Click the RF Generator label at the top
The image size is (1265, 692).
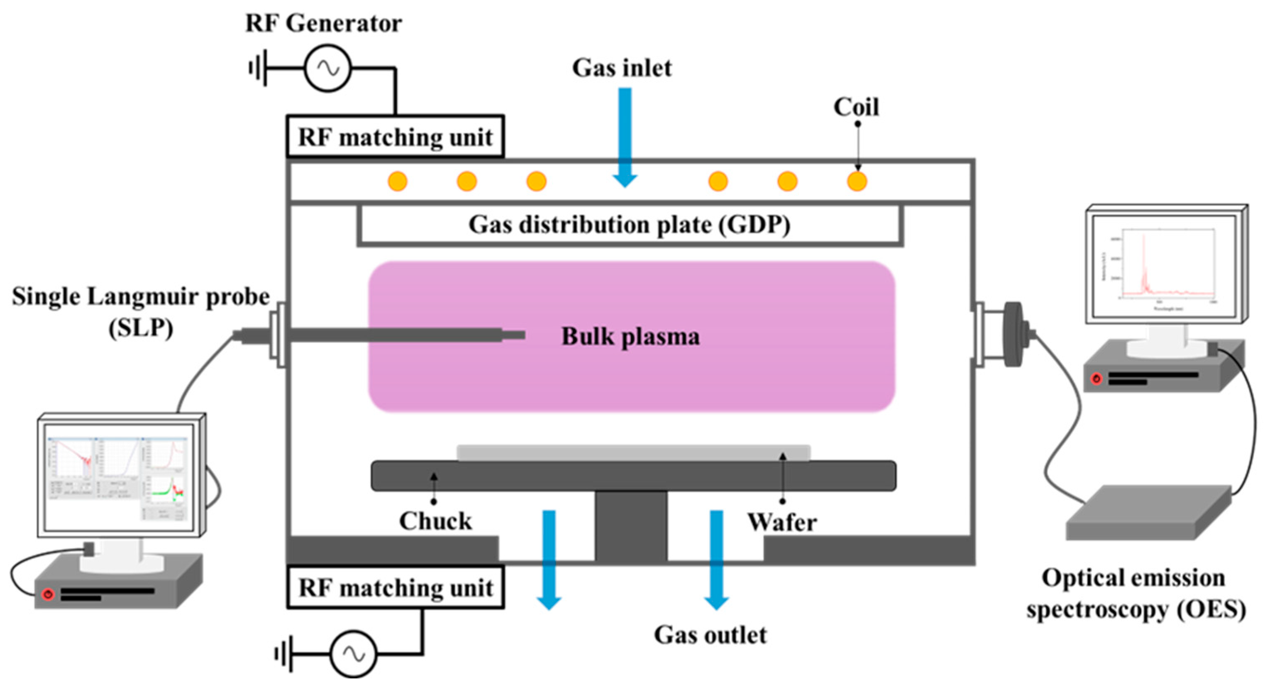[323, 24]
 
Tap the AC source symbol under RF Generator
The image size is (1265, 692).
[327, 68]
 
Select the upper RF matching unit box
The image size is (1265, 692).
[395, 137]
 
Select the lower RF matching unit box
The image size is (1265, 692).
[395, 587]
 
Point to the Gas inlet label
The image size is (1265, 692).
[622, 68]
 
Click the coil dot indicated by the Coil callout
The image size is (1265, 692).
[857, 181]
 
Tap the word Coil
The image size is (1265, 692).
[856, 107]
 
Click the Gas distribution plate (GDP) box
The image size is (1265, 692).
[630, 225]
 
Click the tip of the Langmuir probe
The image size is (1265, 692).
[522, 335]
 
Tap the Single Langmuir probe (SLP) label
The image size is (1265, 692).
[141, 311]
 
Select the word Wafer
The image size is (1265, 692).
[782, 522]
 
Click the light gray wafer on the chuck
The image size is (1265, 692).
[633, 453]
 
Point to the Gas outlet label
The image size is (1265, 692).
[710, 635]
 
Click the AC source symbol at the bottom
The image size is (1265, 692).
[353, 654]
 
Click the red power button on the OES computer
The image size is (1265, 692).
[1096, 379]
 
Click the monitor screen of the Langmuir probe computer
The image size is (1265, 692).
[118, 479]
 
